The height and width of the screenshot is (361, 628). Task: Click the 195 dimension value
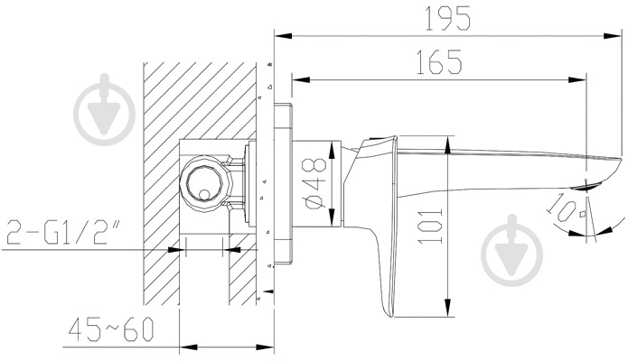pos(447,19)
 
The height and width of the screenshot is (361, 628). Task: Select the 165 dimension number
pos(439,62)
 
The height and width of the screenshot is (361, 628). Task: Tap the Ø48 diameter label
pos(314,184)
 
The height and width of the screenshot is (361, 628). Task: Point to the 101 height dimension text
pos(430,227)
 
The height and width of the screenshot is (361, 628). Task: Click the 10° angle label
pos(565,208)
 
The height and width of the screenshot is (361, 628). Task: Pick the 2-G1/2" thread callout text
pos(63,232)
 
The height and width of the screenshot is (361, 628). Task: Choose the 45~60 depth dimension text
pos(111,329)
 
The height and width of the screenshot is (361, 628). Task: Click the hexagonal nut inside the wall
pos(206,184)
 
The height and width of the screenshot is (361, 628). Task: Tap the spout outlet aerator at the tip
pos(588,185)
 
